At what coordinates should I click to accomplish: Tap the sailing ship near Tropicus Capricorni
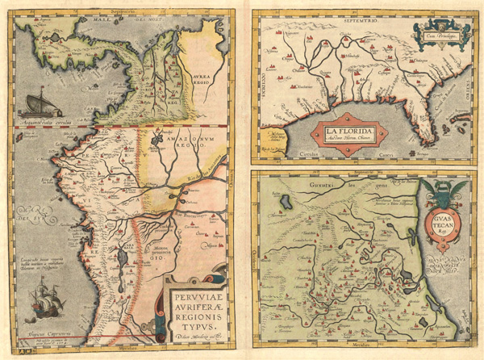pos(40,307)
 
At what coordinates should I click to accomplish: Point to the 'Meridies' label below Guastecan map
pos(359,349)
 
